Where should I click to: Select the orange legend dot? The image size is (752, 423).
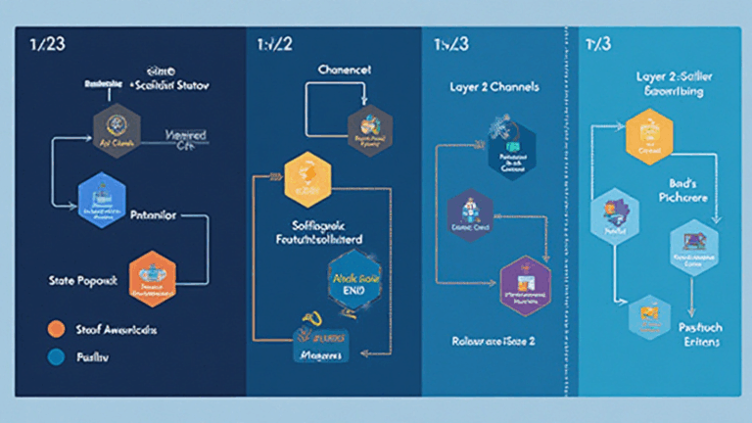tap(56, 329)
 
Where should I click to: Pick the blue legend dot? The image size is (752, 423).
tap(56, 357)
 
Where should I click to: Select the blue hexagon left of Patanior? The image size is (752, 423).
tap(102, 195)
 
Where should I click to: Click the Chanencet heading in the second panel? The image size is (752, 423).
tap(345, 70)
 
